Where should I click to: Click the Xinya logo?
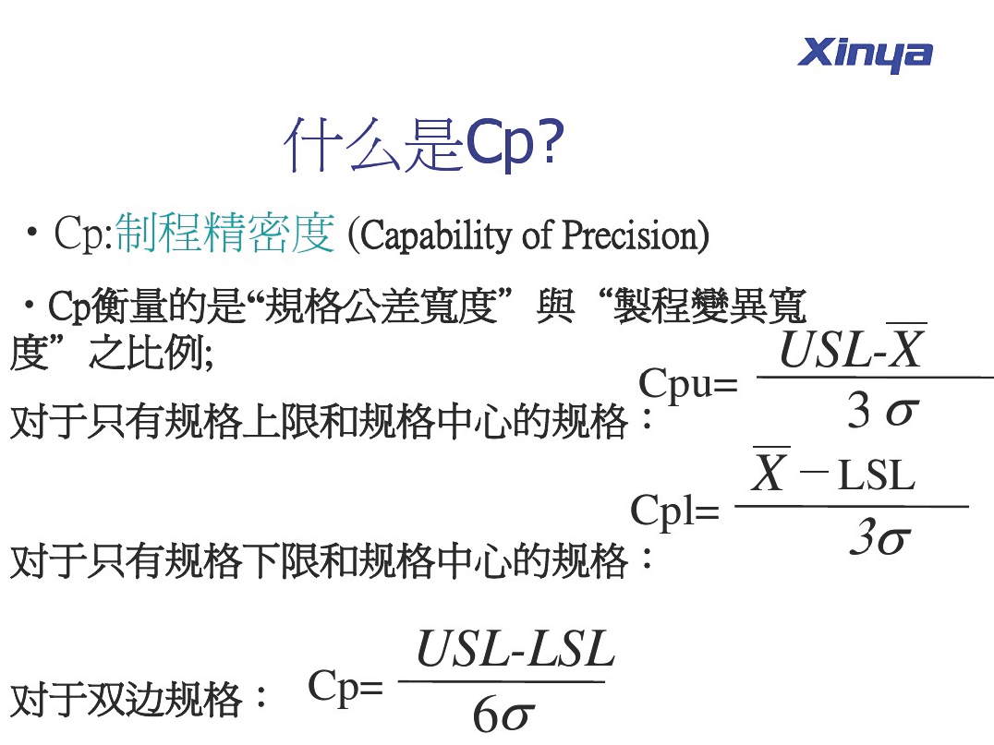[x=865, y=54]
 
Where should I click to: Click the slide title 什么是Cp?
[x=423, y=146]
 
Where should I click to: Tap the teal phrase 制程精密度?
[x=225, y=234]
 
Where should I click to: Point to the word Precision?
[x=630, y=234]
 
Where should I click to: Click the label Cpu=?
[x=688, y=384]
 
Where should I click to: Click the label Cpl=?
[x=674, y=511]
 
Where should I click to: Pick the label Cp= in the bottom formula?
[x=345, y=687]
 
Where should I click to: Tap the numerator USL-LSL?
[x=515, y=649]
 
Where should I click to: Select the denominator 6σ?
[x=503, y=715]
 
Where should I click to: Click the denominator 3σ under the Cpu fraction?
[x=882, y=411]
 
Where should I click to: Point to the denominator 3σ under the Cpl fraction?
[x=880, y=537]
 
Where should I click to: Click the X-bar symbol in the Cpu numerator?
[x=906, y=346]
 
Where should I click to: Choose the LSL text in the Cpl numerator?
[x=877, y=475]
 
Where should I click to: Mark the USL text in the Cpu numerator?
[x=824, y=350]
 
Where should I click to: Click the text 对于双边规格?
[x=127, y=700]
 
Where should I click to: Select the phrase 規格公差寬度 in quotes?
[x=381, y=306]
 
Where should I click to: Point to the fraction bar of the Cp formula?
[x=501, y=681]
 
